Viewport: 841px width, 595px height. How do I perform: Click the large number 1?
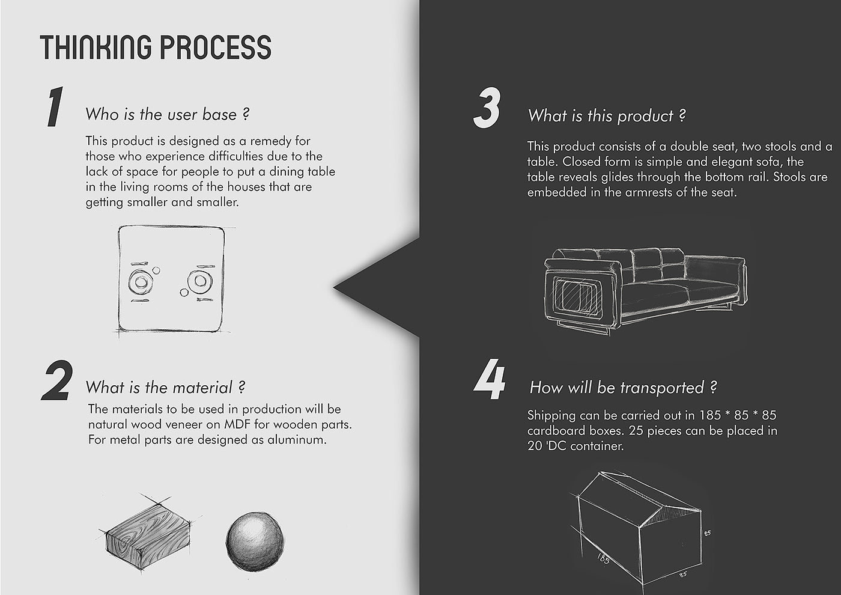(55, 107)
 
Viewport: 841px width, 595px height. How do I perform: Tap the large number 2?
(57, 380)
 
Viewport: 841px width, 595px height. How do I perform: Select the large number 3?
(487, 108)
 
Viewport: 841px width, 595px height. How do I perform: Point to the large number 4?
(489, 379)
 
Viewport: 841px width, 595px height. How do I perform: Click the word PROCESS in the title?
(216, 47)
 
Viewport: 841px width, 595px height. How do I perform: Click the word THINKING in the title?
(96, 47)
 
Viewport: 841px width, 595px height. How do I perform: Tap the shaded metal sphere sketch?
(255, 541)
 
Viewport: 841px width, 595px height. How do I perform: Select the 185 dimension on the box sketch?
(603, 558)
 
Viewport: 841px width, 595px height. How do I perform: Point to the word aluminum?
(297, 440)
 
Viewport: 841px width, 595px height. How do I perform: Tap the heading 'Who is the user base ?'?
(168, 114)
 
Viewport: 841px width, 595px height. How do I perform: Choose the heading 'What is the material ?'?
(166, 387)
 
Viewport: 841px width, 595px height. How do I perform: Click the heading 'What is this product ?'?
(607, 115)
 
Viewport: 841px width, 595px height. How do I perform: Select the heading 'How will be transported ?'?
(623, 388)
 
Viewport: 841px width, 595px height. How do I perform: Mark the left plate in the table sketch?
(141, 281)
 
